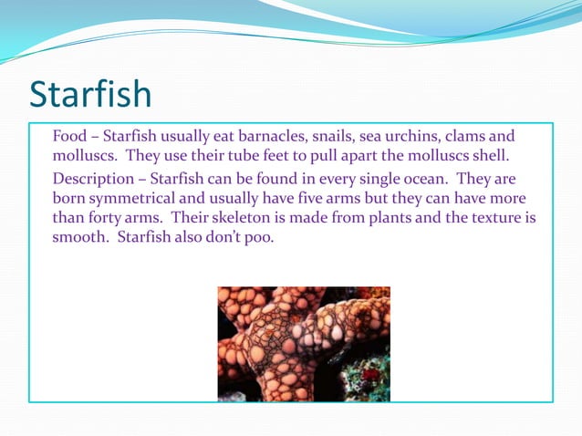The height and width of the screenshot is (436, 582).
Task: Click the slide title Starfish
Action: tap(90, 94)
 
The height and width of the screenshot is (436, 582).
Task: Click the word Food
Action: tap(69, 137)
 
